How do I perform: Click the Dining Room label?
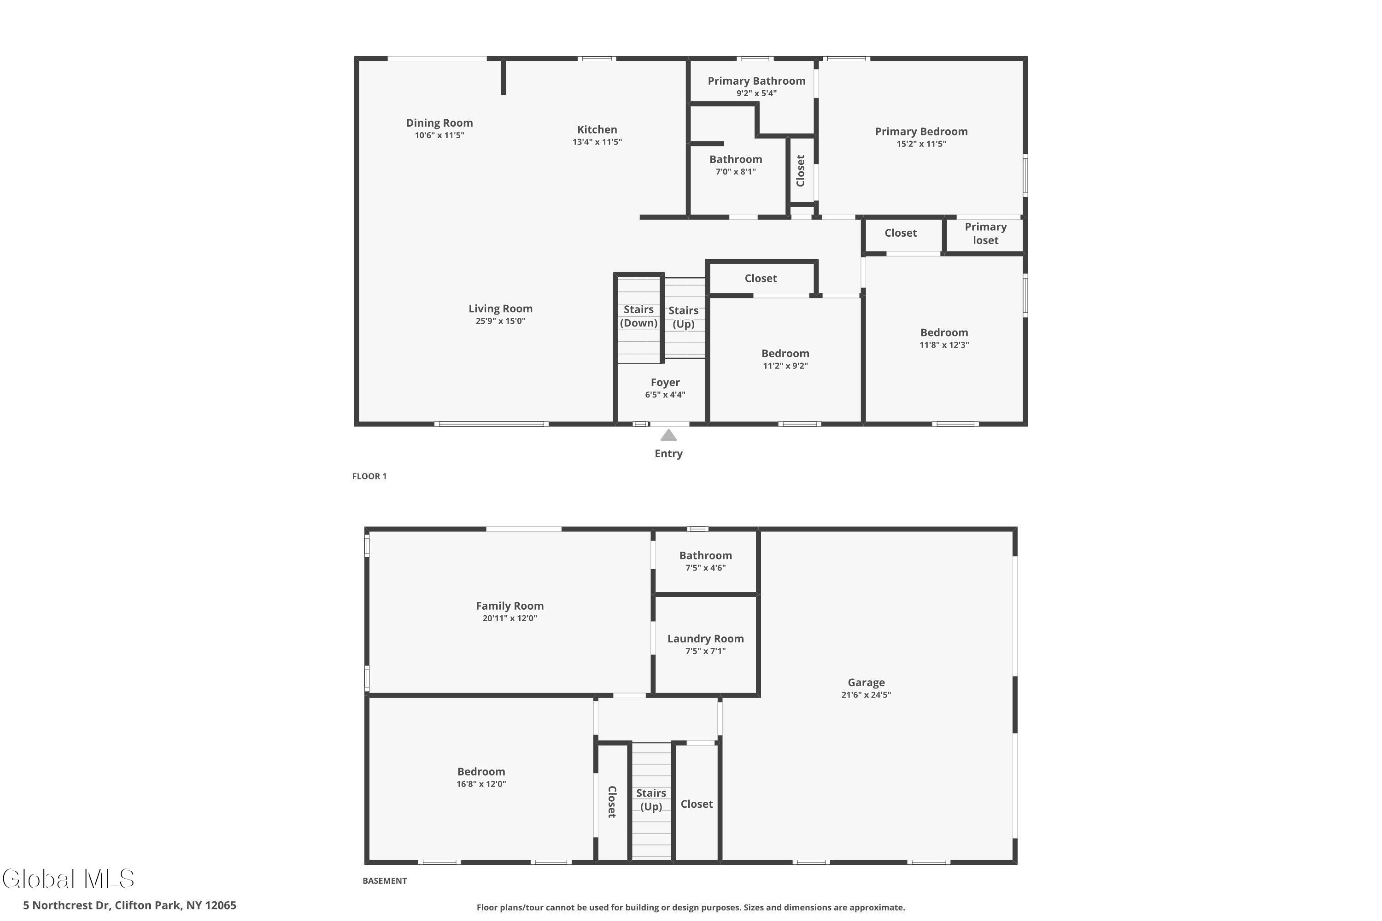(x=439, y=123)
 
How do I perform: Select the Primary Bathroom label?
(x=756, y=81)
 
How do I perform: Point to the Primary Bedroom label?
(x=921, y=132)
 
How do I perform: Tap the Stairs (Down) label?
(x=638, y=316)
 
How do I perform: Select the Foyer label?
(x=665, y=382)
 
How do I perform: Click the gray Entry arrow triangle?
(x=668, y=436)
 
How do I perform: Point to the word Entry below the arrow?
(x=668, y=454)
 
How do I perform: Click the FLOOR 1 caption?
(x=369, y=476)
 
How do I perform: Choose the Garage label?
(x=866, y=682)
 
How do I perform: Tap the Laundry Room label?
(x=705, y=638)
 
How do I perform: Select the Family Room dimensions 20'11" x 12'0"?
(x=509, y=618)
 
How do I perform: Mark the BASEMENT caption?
(x=384, y=880)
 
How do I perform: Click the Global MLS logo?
(x=68, y=879)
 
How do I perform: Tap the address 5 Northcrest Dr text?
(x=129, y=905)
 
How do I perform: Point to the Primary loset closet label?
(x=985, y=233)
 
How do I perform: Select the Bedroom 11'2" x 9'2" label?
(x=785, y=354)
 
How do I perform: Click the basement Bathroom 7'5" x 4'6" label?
(x=705, y=556)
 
